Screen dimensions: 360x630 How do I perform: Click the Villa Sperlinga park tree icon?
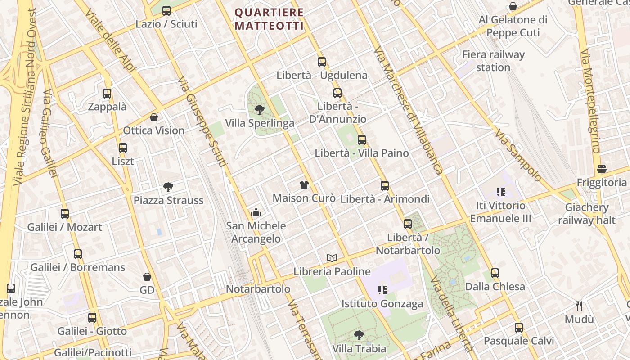click(259, 109)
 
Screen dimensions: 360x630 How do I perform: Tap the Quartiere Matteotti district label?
click(269, 19)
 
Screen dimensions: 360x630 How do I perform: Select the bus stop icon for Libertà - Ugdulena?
click(321, 62)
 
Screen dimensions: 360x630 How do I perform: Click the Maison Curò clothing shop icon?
click(304, 185)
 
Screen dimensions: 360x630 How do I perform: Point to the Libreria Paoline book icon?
click(332, 258)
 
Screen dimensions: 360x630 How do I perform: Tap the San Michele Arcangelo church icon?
click(256, 212)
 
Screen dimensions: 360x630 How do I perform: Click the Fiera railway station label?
click(493, 61)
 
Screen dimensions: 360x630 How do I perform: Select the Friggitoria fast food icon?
click(602, 169)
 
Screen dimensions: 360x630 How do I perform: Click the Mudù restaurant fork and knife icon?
click(579, 306)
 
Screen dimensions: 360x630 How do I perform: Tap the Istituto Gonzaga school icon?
click(382, 290)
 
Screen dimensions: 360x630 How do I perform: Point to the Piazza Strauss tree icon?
click(168, 187)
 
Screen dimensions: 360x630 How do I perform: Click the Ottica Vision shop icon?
click(154, 117)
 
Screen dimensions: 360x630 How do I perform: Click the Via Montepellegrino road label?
click(590, 101)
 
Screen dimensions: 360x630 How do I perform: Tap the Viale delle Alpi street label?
click(109, 40)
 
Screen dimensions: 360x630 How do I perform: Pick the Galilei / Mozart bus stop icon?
click(65, 214)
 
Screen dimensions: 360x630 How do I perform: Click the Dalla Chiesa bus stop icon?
click(495, 273)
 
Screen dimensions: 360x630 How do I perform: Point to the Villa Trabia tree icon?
click(359, 335)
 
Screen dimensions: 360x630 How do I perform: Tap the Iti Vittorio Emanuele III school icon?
click(500, 192)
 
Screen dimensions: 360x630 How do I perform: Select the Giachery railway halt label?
click(586, 214)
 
